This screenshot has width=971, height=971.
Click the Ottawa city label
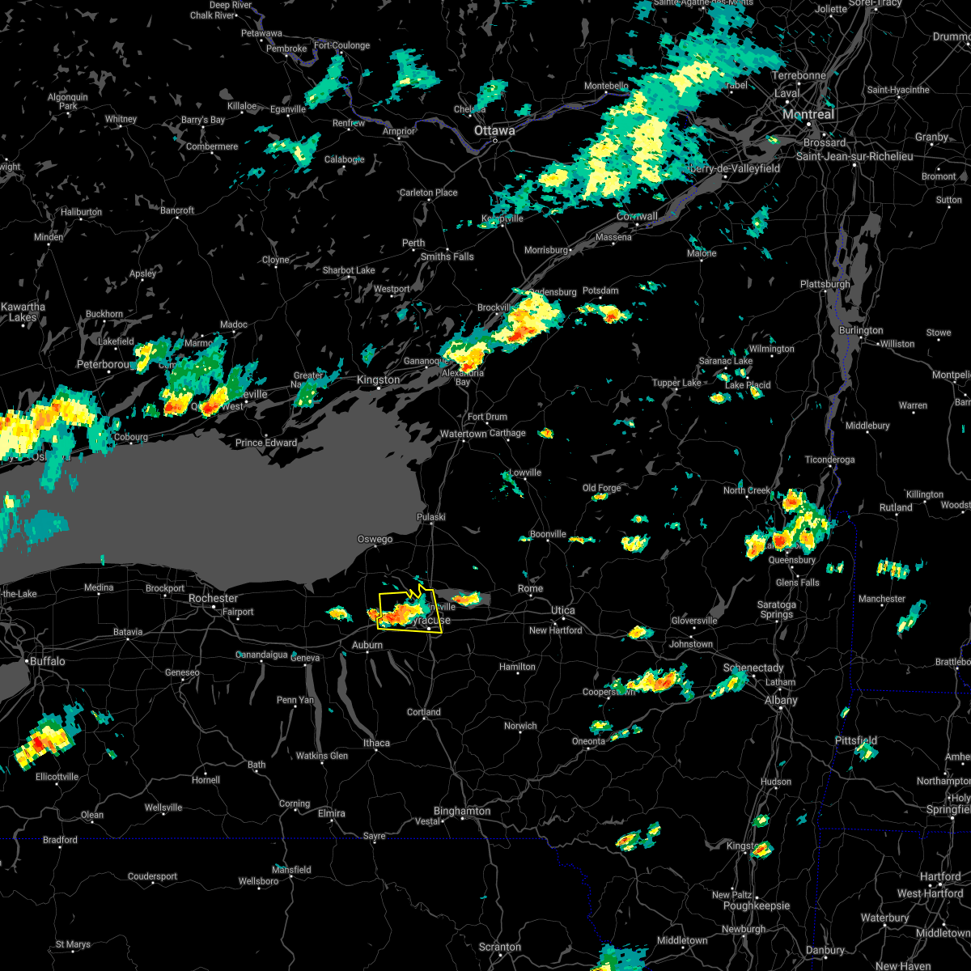point(494,130)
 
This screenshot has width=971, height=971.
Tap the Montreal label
point(808,115)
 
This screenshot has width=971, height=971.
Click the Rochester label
point(213,598)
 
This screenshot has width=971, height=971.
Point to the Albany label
point(781,700)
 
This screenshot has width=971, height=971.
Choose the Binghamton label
point(462,811)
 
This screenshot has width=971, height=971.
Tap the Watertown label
point(464,434)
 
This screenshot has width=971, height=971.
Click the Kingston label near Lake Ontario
point(378,379)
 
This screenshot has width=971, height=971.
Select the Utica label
point(563,610)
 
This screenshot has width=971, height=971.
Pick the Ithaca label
point(376,743)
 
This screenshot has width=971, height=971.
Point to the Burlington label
point(861,330)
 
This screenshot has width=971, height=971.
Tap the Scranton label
point(500,947)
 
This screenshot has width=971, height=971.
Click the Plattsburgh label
point(825,284)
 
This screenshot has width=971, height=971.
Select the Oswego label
point(375,539)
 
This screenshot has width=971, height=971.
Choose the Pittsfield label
point(856,740)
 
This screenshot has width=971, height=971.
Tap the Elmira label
point(331,813)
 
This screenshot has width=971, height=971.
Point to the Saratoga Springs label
point(775,609)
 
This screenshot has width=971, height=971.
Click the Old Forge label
point(602,488)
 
